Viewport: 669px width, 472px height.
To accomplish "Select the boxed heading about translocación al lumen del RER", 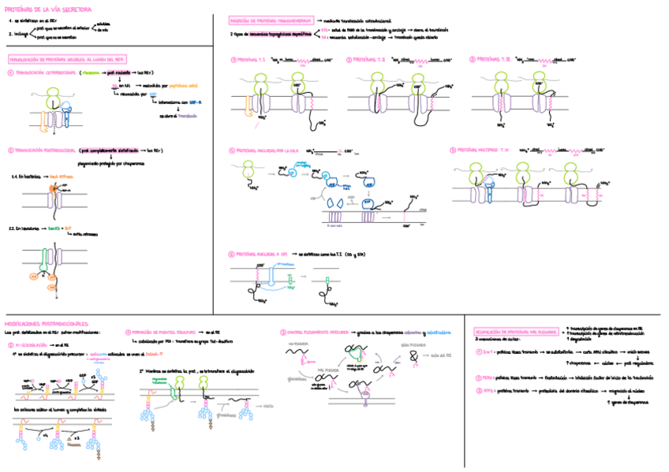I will pos(67,59).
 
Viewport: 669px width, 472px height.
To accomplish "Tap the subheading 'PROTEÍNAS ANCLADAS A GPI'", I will pos(259,255).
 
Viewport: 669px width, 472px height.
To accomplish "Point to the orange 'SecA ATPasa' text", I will pos(60,177).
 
